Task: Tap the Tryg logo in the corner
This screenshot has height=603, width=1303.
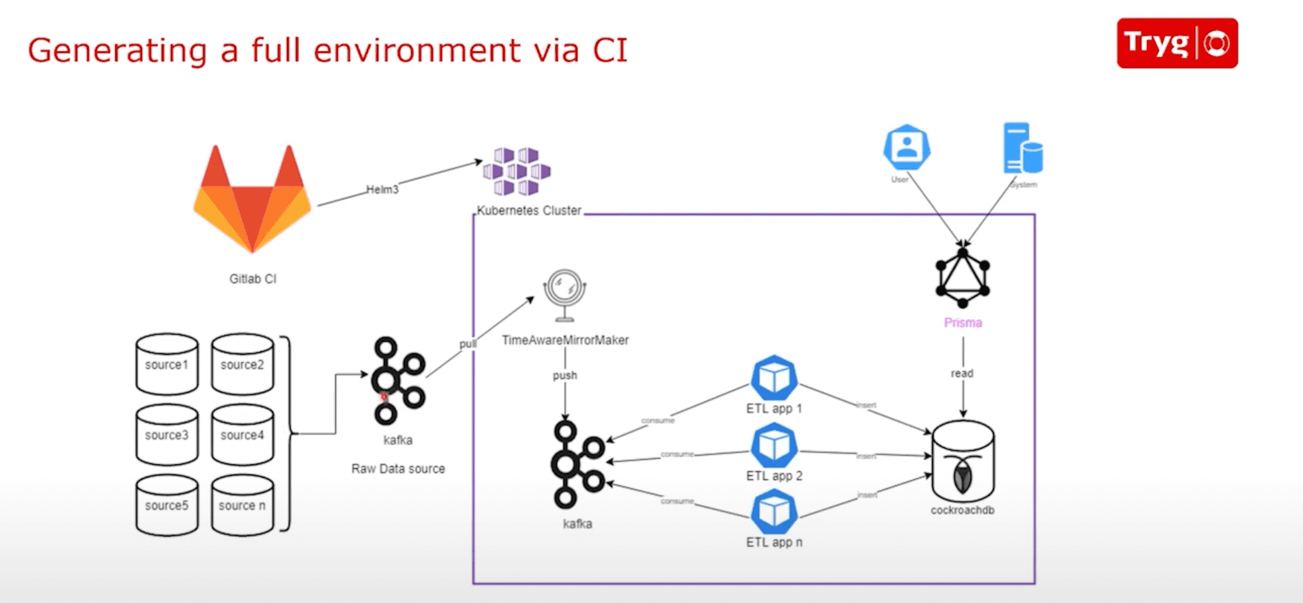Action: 1177,43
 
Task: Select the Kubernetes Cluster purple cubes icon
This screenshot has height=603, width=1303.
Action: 517,171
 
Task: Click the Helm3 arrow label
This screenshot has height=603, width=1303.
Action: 382,190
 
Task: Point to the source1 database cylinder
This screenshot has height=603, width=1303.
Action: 167,364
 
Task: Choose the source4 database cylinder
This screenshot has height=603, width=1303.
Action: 242,435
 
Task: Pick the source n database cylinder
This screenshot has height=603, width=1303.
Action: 242,505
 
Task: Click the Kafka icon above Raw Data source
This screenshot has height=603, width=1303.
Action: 398,381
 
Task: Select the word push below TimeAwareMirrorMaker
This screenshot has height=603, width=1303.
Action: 565,376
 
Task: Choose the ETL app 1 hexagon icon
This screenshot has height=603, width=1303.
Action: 774,378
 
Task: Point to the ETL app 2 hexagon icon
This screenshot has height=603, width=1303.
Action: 774,446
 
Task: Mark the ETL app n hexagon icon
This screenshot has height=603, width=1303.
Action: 774,512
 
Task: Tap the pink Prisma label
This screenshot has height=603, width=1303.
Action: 962,323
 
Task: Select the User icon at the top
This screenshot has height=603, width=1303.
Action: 907,147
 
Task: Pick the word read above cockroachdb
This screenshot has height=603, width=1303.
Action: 962,374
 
